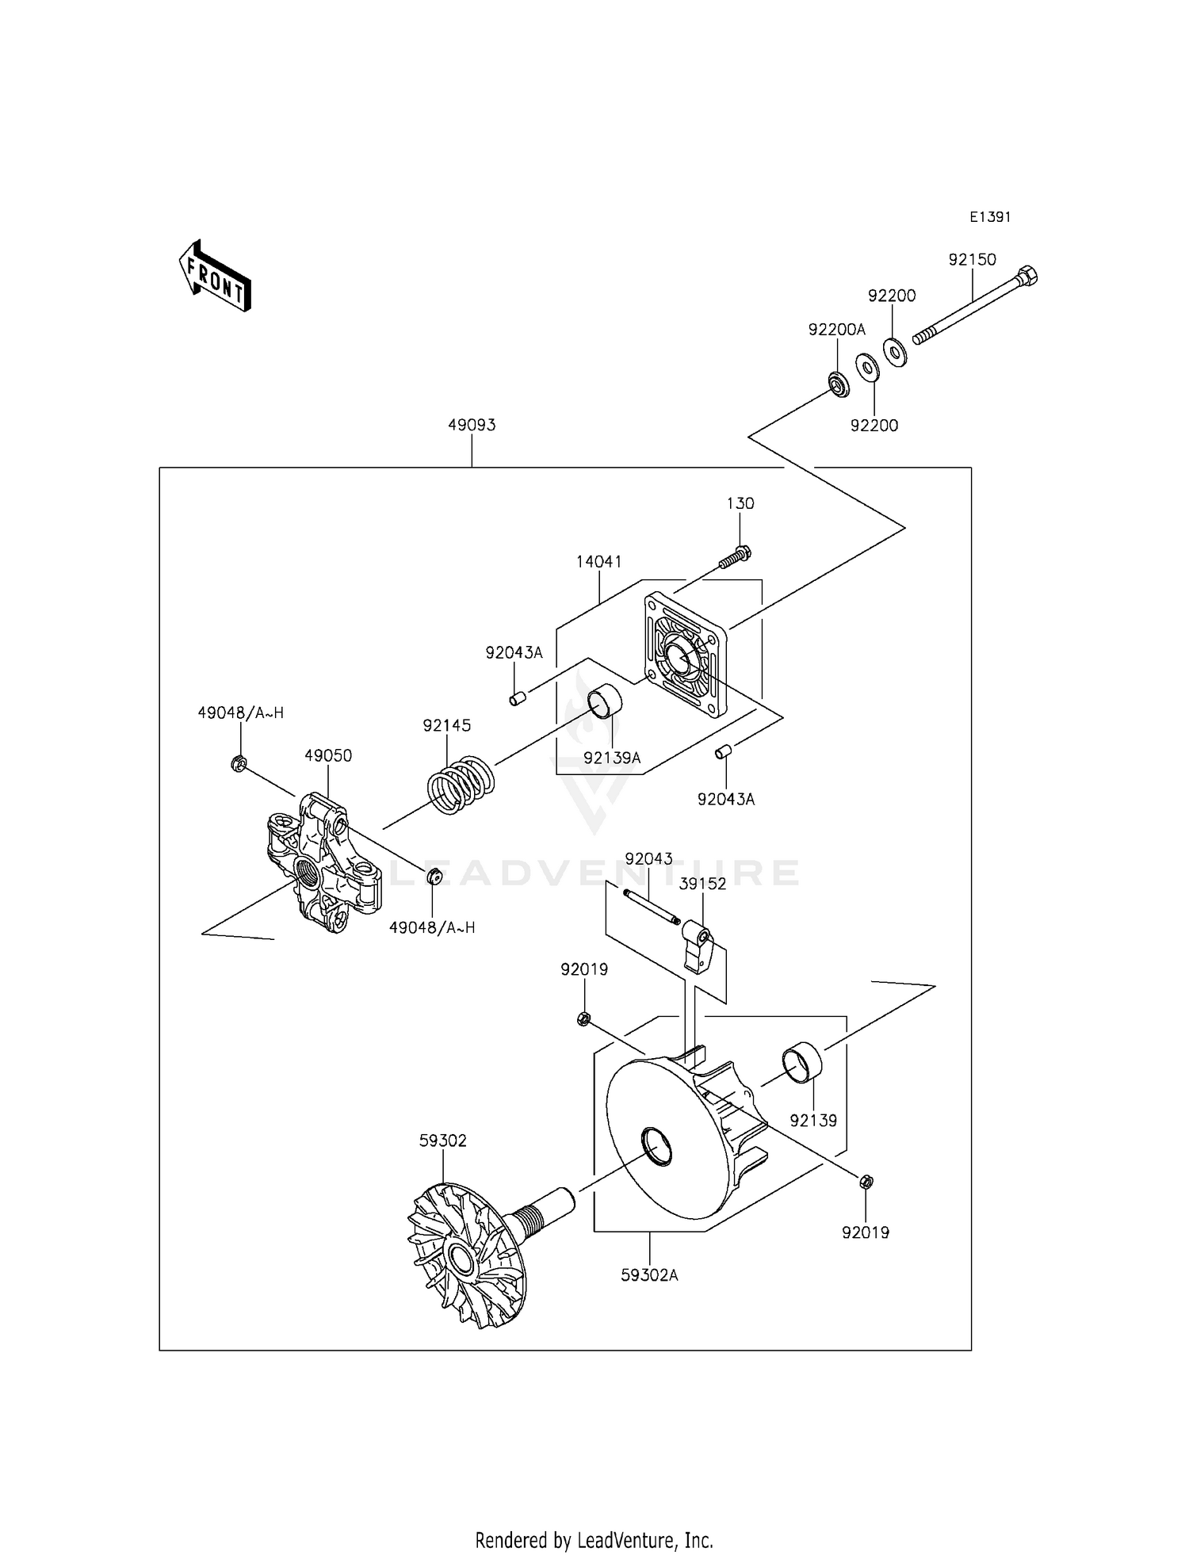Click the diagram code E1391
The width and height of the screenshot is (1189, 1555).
(x=990, y=216)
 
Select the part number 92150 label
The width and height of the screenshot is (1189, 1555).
(x=972, y=259)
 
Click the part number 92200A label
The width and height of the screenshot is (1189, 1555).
(x=837, y=330)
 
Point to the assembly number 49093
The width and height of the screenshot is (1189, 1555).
(x=472, y=425)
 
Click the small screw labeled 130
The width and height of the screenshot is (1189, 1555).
(x=736, y=557)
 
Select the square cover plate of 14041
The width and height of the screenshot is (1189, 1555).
(x=686, y=656)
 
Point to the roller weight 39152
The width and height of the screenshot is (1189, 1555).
(x=698, y=948)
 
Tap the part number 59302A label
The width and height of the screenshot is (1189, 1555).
(x=650, y=1275)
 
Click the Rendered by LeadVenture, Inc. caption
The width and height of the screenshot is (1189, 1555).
(x=594, y=1540)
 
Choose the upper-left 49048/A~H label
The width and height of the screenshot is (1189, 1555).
(x=240, y=713)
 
